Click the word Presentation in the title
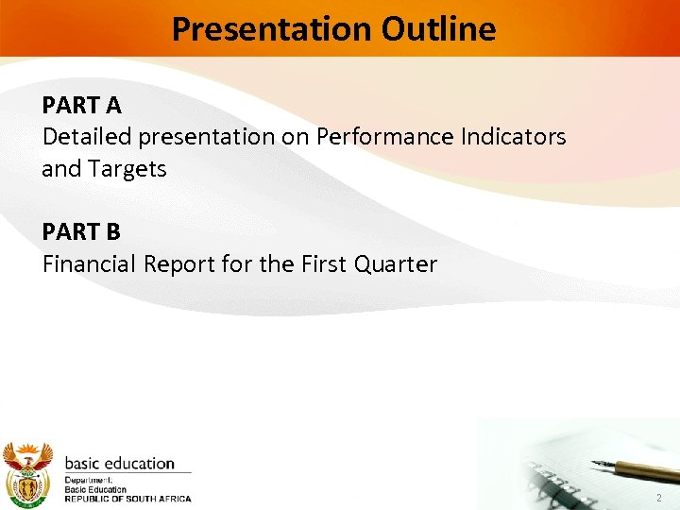[272, 29]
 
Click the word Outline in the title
[439, 29]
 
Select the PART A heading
[81, 103]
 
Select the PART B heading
[81, 231]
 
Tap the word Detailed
[87, 136]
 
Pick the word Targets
[129, 169]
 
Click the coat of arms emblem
[26, 472]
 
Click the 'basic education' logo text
[119, 464]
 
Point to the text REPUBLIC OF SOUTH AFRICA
[127, 499]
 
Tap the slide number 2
[657, 498]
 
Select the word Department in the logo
[88, 481]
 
